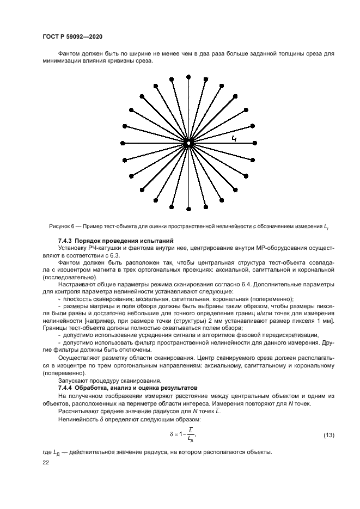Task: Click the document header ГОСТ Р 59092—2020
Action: pyautogui.click(x=72, y=36)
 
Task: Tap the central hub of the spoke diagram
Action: pyautogui.click(x=188, y=143)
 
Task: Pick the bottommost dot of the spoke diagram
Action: pyautogui.click(x=188, y=210)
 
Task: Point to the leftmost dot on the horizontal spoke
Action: pyautogui.click(x=121, y=143)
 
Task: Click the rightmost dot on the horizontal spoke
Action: pyautogui.click(x=255, y=143)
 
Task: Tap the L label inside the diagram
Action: pyautogui.click(x=234, y=139)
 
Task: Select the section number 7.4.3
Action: pyautogui.click(x=67, y=241)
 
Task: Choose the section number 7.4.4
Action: pyautogui.click(x=67, y=387)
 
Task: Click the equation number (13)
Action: pyautogui.click(x=328, y=435)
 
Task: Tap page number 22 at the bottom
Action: pyautogui.click(x=45, y=462)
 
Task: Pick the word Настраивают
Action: pyautogui.click(x=76, y=284)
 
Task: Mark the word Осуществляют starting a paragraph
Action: pyautogui.click(x=77, y=359)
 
